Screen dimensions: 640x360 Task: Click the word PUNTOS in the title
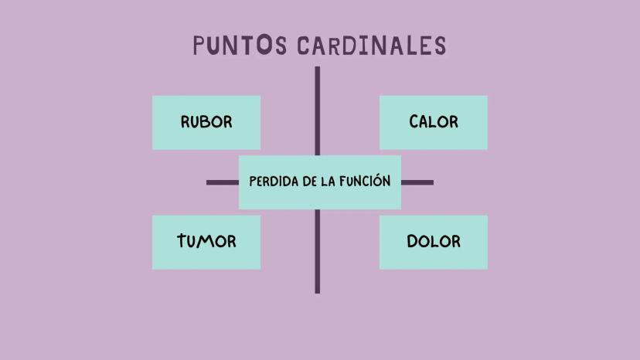240,45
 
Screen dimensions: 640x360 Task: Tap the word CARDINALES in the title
372,46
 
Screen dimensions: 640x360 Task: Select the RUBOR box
206,123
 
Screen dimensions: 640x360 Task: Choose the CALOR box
434,123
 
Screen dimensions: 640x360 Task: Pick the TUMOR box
206,242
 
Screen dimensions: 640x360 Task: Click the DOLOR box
434,242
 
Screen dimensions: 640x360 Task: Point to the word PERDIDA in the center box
274,182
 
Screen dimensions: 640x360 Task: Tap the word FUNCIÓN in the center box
365,181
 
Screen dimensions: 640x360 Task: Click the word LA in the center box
329,182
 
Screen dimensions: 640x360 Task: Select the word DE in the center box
310,182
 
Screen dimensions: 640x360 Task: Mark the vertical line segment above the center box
318,111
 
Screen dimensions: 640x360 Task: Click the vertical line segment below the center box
318,251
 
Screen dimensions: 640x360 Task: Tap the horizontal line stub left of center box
223,182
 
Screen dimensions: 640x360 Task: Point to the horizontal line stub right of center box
417,182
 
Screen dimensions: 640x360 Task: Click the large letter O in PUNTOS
264,44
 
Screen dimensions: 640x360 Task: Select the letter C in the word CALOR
414,121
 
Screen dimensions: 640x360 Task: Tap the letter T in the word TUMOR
182,240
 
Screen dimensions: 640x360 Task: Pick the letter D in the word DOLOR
413,241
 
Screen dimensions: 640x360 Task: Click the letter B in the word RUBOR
206,121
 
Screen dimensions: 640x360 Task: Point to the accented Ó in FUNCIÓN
377,180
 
